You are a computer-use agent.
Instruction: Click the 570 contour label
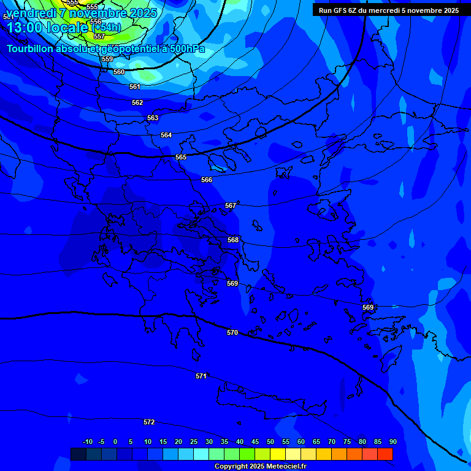[232, 332]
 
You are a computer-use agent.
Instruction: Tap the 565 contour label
[181, 158]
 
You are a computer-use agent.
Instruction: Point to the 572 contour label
[149, 422]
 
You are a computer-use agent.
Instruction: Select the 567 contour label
[231, 206]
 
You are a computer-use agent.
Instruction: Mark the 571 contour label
[201, 376]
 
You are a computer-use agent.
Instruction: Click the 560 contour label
[119, 72]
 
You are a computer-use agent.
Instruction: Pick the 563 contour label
[153, 118]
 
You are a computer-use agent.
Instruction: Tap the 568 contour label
[233, 240]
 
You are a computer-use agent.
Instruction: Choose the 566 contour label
[207, 180]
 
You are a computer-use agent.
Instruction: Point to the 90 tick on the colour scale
[392, 442]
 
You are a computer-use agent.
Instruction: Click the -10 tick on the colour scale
[88, 442]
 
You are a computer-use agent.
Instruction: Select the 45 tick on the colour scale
[255, 442]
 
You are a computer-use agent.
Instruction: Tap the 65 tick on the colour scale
[316, 442]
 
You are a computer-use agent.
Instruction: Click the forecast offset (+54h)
[107, 27]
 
